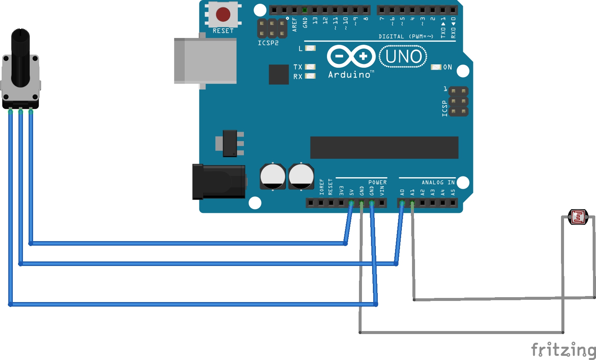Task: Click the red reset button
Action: (x=223, y=14)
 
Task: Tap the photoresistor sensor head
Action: (x=578, y=217)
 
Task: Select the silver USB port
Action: (x=205, y=61)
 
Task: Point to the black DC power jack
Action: (x=219, y=182)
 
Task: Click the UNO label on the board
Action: (x=403, y=57)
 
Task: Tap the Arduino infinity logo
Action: (x=351, y=56)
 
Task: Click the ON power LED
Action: (x=436, y=67)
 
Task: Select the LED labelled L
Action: (x=310, y=48)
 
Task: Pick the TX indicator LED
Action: (x=310, y=67)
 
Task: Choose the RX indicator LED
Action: (x=310, y=76)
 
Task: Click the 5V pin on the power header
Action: (x=351, y=203)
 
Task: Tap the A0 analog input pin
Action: (x=402, y=203)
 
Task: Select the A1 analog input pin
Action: (x=412, y=203)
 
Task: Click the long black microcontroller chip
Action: (x=384, y=147)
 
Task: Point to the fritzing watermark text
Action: (x=563, y=350)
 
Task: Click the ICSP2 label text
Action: (x=268, y=43)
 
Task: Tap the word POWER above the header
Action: (x=377, y=182)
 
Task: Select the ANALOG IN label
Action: (x=438, y=182)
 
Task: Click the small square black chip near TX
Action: (x=279, y=74)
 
